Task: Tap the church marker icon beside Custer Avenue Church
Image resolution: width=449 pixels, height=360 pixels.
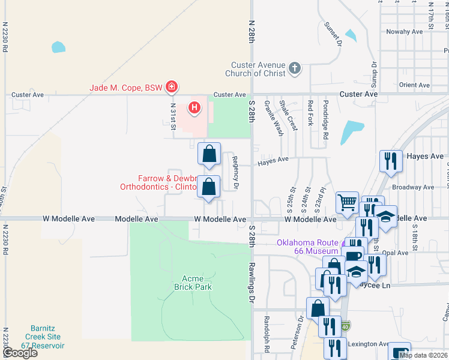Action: pos(294,68)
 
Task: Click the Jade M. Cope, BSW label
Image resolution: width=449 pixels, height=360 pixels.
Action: pos(126,88)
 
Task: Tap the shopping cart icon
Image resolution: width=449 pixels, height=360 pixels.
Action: pos(346,202)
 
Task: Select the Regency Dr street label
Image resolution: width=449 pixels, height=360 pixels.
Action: pos(236,173)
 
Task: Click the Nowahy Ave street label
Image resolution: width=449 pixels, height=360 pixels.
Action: pos(404,32)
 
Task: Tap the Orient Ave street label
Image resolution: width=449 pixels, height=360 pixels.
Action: pos(414,85)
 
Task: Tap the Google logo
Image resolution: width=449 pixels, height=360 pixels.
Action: pos(19,353)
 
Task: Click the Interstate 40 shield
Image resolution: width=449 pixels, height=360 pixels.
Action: pos(346,326)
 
